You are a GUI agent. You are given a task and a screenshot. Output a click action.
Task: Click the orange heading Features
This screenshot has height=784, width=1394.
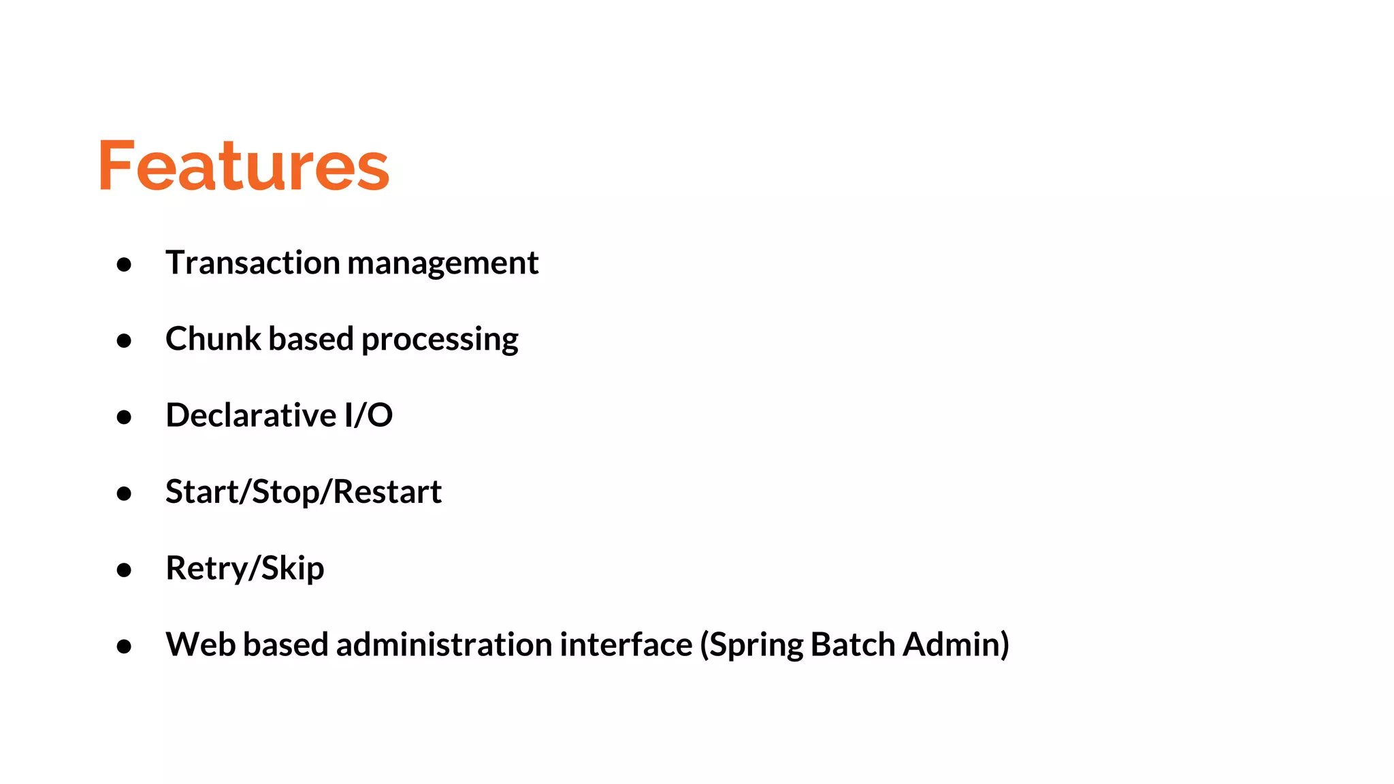pos(244,165)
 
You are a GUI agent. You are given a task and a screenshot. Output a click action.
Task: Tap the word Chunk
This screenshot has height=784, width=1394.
pos(213,338)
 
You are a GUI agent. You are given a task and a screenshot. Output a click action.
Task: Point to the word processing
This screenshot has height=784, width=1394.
pos(440,340)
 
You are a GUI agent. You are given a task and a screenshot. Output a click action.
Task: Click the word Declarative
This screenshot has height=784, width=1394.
pos(250,415)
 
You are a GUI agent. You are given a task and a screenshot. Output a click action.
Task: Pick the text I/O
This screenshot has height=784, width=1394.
pos(368,415)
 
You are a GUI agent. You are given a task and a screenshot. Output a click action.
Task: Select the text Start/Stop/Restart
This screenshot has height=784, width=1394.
pos(304,492)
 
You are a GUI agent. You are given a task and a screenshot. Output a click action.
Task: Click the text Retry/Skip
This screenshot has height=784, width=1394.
pos(245,568)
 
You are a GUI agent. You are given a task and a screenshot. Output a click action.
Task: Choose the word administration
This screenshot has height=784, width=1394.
pos(446,644)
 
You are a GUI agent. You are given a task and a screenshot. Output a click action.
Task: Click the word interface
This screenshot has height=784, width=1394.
pos(626,644)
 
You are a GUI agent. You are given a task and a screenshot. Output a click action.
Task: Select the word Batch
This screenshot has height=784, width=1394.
pos(853,644)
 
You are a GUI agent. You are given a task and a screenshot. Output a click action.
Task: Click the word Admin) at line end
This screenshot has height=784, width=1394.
pos(956,644)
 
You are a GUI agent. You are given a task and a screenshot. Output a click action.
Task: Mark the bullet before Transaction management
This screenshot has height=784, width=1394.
pos(124,264)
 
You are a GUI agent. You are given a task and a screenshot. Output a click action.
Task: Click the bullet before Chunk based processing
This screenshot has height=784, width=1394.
pos(124,340)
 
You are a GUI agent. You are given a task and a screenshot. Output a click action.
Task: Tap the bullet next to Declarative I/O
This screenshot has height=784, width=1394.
pos(124,416)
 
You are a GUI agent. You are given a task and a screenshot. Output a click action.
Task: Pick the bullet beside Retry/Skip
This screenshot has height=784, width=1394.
pos(124,570)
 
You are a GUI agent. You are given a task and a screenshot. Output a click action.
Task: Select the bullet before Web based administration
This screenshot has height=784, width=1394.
pos(124,646)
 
